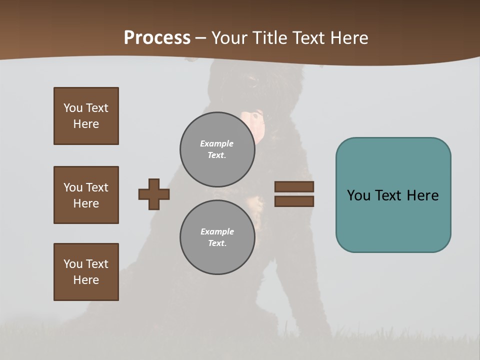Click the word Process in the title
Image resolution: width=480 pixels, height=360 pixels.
click(157, 38)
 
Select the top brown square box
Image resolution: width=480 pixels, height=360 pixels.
click(86, 116)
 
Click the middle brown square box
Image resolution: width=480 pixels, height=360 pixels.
click(86, 195)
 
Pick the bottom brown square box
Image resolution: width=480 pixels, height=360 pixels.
click(86, 272)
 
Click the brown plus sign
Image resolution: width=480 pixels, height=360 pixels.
click(154, 194)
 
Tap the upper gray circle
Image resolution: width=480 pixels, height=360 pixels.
click(217, 149)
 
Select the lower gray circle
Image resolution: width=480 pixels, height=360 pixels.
click(217, 237)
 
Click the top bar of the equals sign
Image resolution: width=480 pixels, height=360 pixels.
click(294, 186)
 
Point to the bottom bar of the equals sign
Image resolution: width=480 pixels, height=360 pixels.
click(294, 201)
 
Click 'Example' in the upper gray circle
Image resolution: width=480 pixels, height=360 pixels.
click(217, 143)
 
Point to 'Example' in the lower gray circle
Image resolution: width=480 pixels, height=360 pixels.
click(217, 231)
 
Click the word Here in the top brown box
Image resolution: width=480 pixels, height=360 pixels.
click(86, 124)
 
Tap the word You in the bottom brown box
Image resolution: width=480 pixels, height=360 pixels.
click(73, 264)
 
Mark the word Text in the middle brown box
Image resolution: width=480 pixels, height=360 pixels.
click(97, 187)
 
